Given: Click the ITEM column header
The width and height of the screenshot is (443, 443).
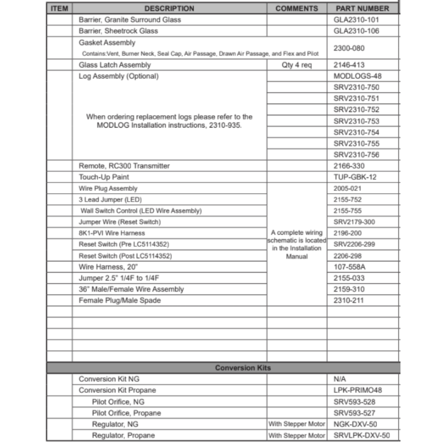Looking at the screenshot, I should [x=59, y=8].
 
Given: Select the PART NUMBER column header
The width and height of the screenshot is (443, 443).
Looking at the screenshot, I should [x=362, y=8].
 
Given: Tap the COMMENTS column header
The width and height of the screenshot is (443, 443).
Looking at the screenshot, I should [x=297, y=8].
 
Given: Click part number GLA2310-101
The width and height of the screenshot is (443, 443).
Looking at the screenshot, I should [x=356, y=20].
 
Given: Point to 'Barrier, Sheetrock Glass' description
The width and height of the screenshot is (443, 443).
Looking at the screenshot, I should [x=118, y=31].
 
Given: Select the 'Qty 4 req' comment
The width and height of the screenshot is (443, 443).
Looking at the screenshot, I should [x=297, y=65].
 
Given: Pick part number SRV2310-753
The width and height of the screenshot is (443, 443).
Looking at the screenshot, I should [x=357, y=121].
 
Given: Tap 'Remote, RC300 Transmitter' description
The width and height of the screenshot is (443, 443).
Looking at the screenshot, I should [x=124, y=166].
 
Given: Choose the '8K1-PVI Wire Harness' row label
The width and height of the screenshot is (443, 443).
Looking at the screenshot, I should [x=112, y=233].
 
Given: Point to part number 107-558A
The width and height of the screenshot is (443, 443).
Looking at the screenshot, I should [x=350, y=267].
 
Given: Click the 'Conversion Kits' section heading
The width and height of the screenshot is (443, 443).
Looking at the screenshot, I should [x=243, y=368].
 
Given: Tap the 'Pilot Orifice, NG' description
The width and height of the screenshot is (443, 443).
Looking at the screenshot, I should [x=118, y=402].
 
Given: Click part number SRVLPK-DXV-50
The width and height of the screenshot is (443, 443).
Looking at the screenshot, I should [x=362, y=435].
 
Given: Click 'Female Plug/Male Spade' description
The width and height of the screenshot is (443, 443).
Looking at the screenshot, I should [x=120, y=300].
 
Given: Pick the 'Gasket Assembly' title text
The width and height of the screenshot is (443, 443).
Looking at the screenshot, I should [x=107, y=43].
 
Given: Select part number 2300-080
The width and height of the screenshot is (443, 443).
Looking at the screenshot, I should [x=350, y=48].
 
